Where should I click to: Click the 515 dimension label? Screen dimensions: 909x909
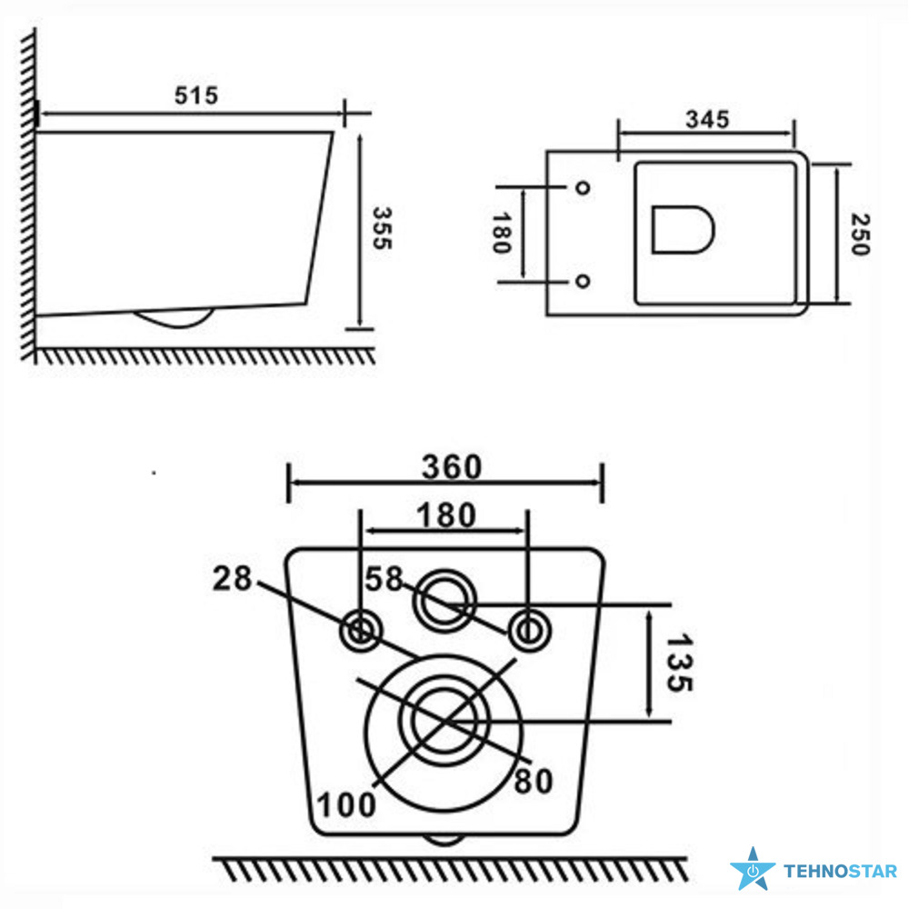[196, 95]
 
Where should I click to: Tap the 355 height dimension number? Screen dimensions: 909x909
[382, 228]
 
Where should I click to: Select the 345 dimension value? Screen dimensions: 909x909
[707, 119]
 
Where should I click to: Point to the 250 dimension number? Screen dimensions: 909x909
[860, 235]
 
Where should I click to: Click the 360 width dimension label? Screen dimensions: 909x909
[452, 466]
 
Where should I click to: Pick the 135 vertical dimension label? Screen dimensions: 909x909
[679, 663]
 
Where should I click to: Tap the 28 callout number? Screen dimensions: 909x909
[232, 578]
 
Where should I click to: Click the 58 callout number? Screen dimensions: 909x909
[384, 578]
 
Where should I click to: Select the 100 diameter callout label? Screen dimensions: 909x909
[346, 804]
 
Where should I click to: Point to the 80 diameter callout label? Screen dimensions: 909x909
[534, 781]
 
